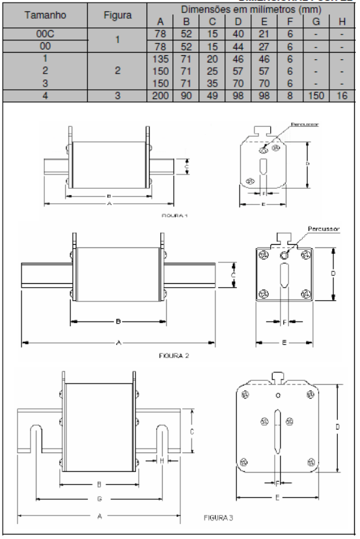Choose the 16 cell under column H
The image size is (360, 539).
(343, 96)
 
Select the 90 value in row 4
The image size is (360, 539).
(185, 96)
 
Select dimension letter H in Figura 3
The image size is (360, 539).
(160, 460)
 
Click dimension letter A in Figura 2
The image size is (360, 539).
(118, 342)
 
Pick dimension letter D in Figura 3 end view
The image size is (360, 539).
(339, 427)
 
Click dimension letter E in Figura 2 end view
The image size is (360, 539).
(284, 342)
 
